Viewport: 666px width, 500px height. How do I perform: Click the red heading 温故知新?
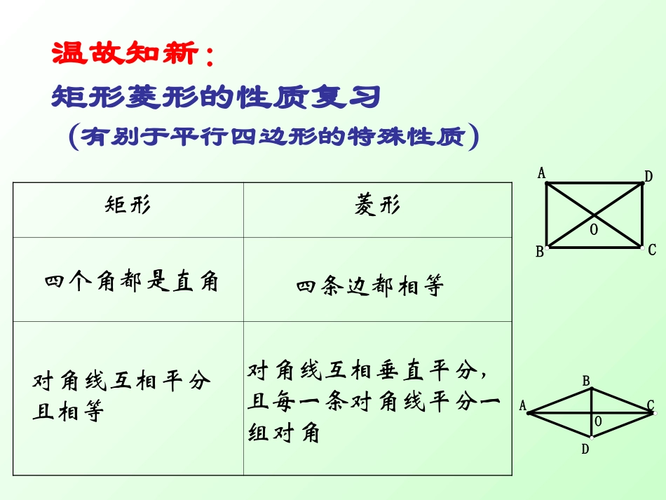126,54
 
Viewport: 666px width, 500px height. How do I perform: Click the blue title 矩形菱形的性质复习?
216,97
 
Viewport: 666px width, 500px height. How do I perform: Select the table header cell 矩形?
128,205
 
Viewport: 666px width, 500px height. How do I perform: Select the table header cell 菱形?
377,205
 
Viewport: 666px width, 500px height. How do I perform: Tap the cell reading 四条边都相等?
370,286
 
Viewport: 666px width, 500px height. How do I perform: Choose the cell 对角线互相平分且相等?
121,396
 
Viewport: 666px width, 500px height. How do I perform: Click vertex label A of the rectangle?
541,173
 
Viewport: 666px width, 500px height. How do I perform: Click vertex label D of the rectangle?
648,177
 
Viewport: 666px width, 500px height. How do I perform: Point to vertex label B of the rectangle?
540,252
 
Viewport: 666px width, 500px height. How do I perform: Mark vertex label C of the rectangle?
652,250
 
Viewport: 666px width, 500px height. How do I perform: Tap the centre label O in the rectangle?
594,229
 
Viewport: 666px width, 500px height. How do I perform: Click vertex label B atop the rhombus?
587,381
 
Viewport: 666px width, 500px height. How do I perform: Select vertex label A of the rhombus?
522,406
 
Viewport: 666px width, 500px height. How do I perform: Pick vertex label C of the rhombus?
651,405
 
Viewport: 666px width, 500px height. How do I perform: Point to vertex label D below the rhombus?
585,449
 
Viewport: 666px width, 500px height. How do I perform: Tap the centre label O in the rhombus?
598,421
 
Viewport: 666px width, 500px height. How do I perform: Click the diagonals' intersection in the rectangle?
594,215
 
